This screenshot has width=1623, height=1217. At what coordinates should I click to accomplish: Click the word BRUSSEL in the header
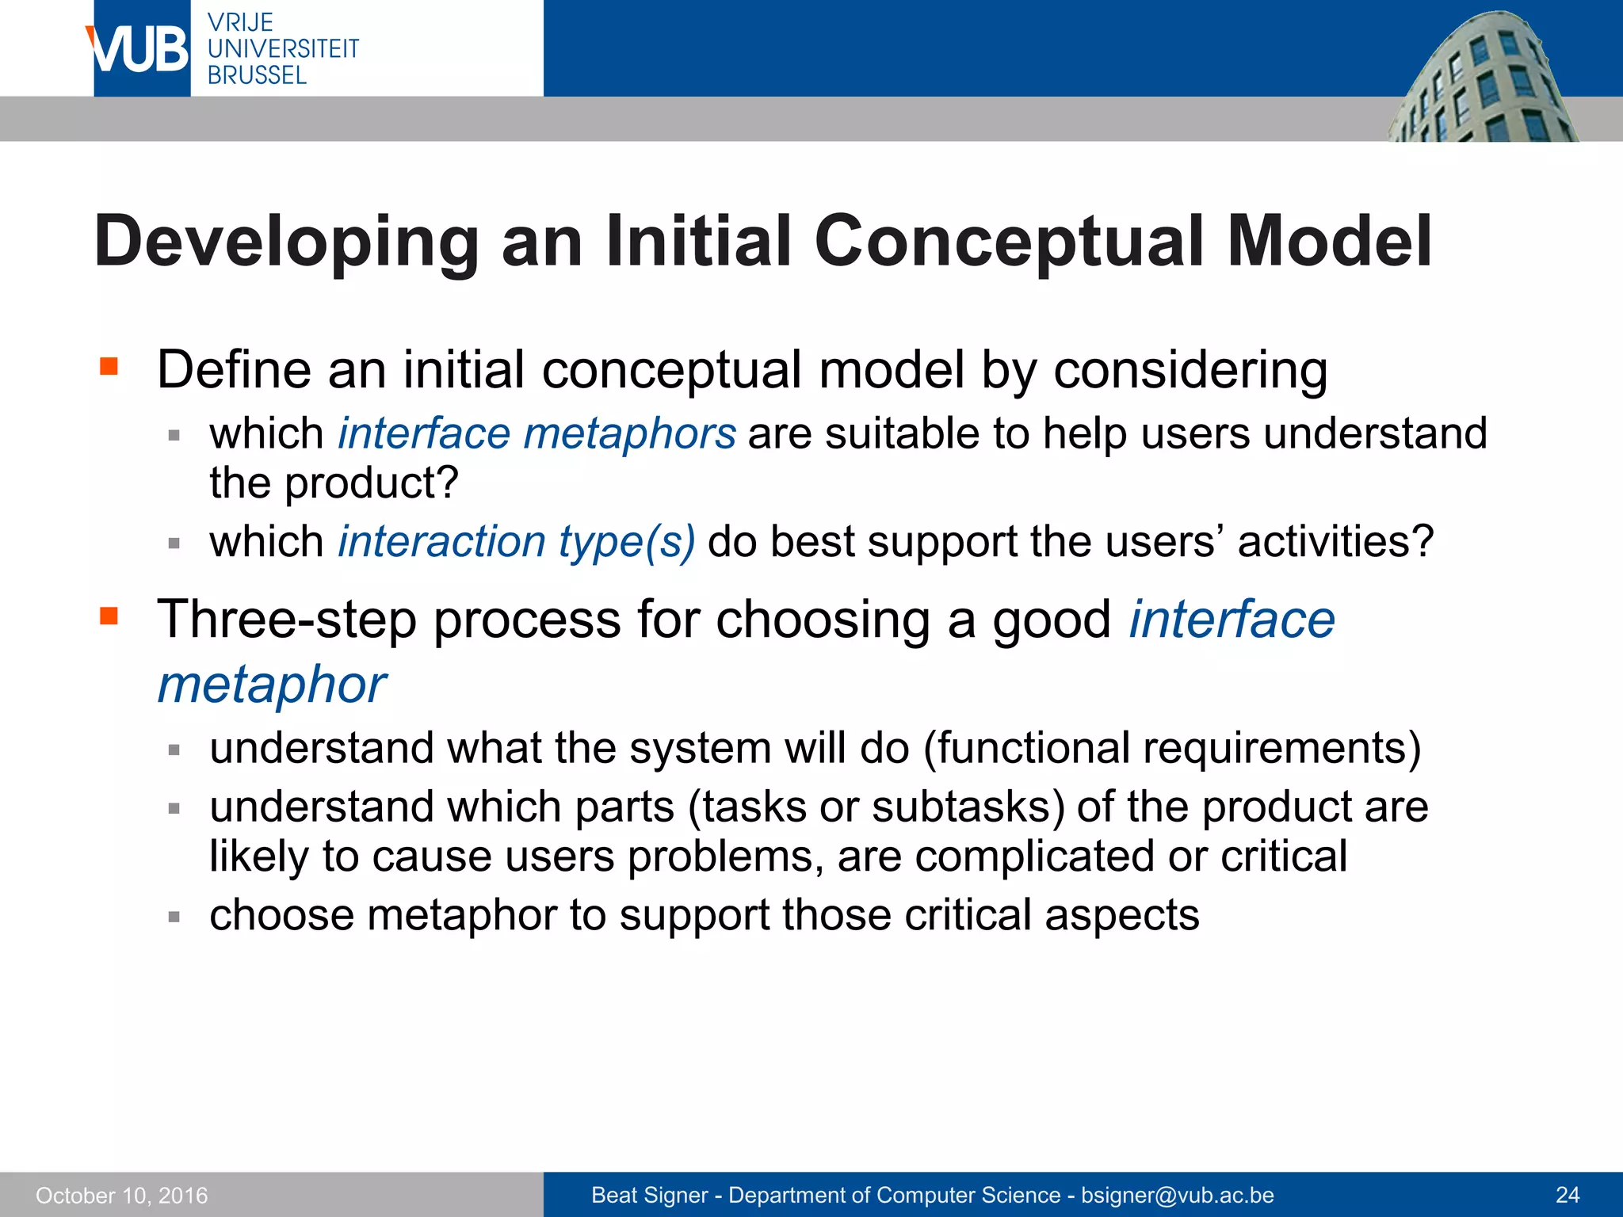coord(257,75)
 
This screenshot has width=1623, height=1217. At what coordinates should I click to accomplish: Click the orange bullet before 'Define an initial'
coord(109,366)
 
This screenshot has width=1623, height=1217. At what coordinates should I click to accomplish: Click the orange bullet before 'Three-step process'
coord(109,616)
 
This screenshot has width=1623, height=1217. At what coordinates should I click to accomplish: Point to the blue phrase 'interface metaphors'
coord(537,433)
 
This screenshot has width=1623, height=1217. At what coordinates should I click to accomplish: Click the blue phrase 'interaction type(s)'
coord(517,541)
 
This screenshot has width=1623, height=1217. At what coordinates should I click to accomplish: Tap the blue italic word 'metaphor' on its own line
coord(272,684)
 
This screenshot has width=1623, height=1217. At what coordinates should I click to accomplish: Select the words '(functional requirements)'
coord(1172,748)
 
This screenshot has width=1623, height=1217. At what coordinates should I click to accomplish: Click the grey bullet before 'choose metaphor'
coord(174,917)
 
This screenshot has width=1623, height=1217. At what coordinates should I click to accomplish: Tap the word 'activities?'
coord(1335,541)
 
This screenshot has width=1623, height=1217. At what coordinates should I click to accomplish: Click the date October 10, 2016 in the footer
coord(121,1195)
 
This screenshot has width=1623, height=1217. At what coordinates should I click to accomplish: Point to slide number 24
coord(1568,1195)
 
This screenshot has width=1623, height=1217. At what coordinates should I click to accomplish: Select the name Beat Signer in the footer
coord(649,1195)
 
